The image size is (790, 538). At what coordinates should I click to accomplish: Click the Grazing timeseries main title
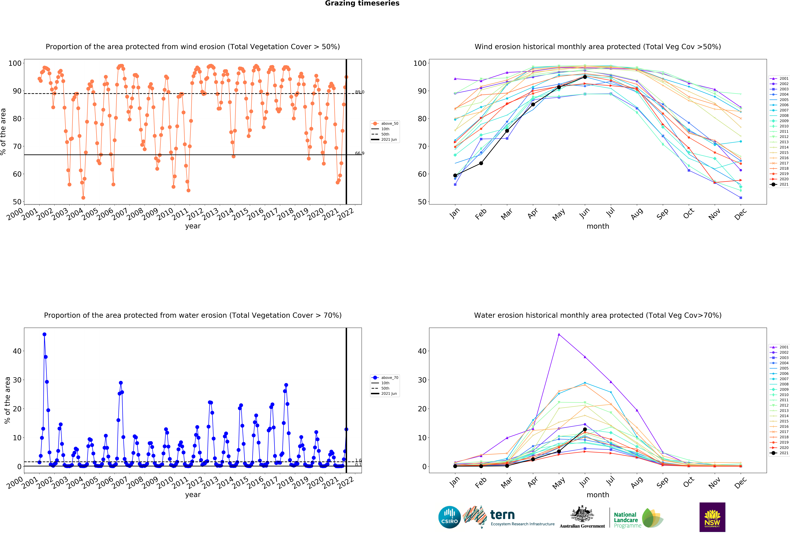pos(362,3)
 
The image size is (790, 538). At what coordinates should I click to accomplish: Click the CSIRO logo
pos(449,517)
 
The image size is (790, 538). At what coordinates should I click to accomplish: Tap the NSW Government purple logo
pos(712,517)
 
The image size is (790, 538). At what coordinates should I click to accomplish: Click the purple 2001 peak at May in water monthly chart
pos(559,335)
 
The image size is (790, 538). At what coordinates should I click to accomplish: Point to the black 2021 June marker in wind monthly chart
pos(585,77)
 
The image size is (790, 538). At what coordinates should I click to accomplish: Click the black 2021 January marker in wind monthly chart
pos(455,176)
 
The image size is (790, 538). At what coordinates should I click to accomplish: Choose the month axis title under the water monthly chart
pos(598,495)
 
